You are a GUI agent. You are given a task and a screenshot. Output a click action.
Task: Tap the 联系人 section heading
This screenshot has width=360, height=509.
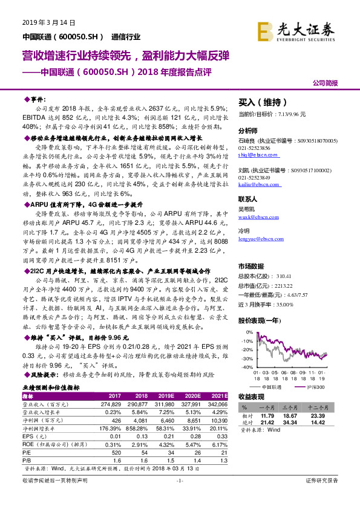pyautogui.click(x=248, y=198)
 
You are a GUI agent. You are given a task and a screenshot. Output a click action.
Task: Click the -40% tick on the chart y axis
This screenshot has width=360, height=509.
pyautogui.click(x=246, y=367)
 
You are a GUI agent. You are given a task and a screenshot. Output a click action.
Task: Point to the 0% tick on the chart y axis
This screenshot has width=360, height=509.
pyautogui.click(x=248, y=332)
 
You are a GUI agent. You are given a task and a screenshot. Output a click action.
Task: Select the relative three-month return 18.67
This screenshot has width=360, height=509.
pyautogui.click(x=295, y=417)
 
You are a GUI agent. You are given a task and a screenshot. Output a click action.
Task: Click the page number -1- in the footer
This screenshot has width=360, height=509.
pyautogui.click(x=179, y=497)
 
